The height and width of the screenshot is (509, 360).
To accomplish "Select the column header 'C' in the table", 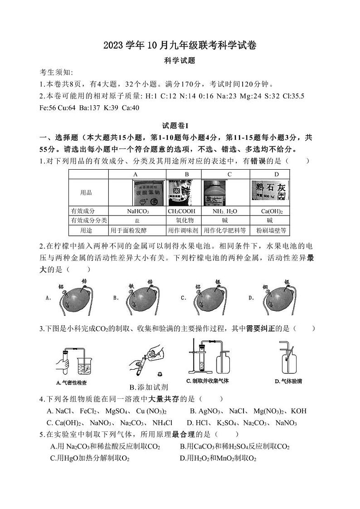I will (229, 175).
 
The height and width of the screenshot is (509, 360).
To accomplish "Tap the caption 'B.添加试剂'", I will (149, 387).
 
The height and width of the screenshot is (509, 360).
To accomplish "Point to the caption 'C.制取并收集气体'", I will (208, 381).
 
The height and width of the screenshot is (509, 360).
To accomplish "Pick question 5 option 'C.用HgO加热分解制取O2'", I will (90, 459).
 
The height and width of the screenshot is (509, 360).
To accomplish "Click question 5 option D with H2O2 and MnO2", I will (218, 459).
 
